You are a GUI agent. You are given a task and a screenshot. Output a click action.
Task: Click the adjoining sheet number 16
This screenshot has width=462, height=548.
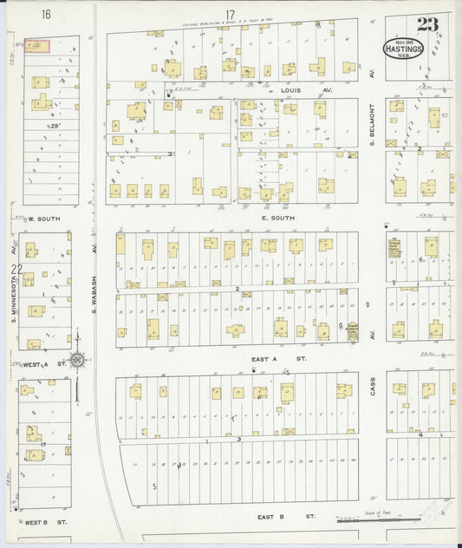45,14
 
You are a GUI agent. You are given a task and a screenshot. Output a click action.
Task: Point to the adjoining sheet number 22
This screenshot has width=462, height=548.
15,270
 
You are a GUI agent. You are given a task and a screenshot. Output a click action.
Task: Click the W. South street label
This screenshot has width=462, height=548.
43,219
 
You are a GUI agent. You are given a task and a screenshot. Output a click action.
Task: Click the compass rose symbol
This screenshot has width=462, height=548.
76,359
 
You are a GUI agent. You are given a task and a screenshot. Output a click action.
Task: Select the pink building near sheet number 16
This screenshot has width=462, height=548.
36,45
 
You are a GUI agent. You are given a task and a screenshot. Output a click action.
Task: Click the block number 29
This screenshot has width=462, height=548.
55,127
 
